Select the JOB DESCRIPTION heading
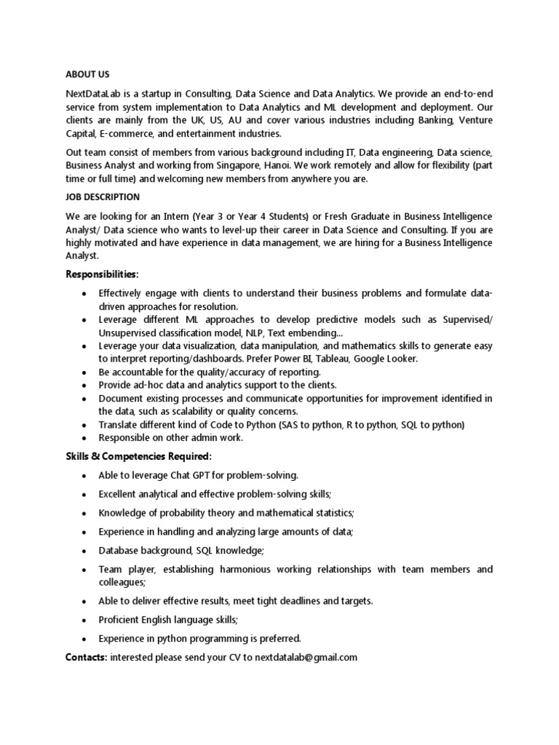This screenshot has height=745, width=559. (x=103, y=197)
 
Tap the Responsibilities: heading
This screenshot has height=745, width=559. (x=101, y=274)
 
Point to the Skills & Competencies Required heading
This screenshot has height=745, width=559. (x=138, y=456)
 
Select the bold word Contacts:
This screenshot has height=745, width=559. (x=86, y=658)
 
